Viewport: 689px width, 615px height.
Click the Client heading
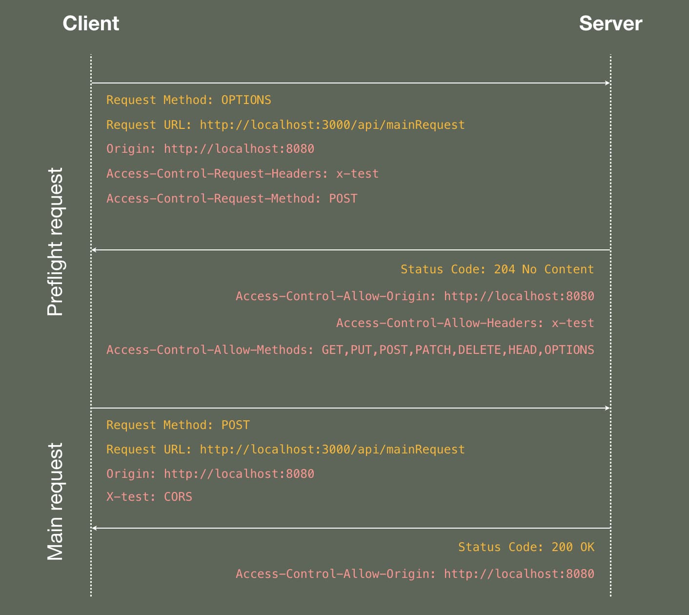click(x=91, y=23)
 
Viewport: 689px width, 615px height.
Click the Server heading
click(x=610, y=23)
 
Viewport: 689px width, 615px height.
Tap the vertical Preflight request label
click(x=55, y=242)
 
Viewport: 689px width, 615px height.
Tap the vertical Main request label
click(x=55, y=501)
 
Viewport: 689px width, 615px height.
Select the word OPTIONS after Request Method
click(x=246, y=100)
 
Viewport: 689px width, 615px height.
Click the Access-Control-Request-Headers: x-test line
click(x=243, y=174)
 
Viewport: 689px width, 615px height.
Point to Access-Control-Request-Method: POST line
click(x=232, y=199)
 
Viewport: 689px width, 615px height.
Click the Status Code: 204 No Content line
click(x=497, y=269)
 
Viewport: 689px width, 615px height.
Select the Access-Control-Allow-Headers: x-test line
click(x=465, y=323)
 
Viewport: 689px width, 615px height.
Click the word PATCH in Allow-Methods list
click(x=433, y=350)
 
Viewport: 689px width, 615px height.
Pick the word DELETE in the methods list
click(x=479, y=350)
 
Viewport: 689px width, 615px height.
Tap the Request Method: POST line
click(x=178, y=425)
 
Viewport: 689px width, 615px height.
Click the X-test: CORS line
click(x=149, y=497)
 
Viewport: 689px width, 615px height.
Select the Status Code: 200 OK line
click(x=526, y=547)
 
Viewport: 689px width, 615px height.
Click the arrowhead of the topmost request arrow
click(x=608, y=83)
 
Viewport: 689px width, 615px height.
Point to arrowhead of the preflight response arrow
click(x=94, y=250)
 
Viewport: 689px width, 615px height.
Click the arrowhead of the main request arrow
click(x=608, y=408)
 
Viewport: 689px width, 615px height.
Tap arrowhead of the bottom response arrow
click(x=94, y=528)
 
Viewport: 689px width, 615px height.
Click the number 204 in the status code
click(x=504, y=269)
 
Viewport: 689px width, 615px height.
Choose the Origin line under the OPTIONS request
click(x=210, y=149)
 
